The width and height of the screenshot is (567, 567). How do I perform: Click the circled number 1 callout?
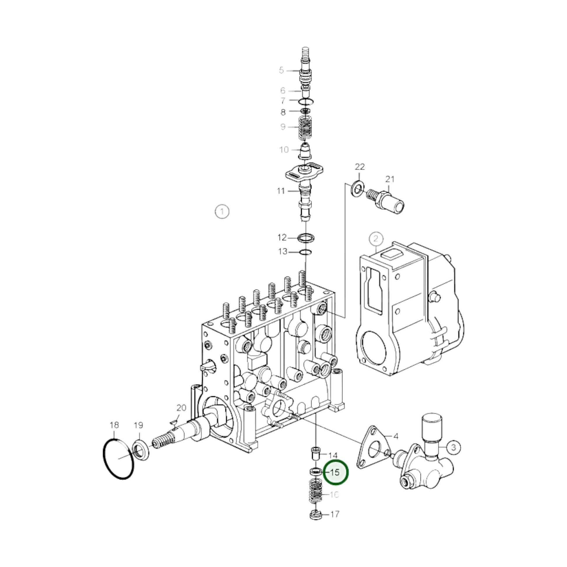(222, 212)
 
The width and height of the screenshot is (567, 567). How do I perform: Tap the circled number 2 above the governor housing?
(376, 239)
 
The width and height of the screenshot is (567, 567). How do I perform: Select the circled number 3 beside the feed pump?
(453, 448)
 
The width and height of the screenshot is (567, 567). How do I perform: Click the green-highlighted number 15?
(335, 473)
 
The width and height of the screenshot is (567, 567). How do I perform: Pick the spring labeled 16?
(316, 494)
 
